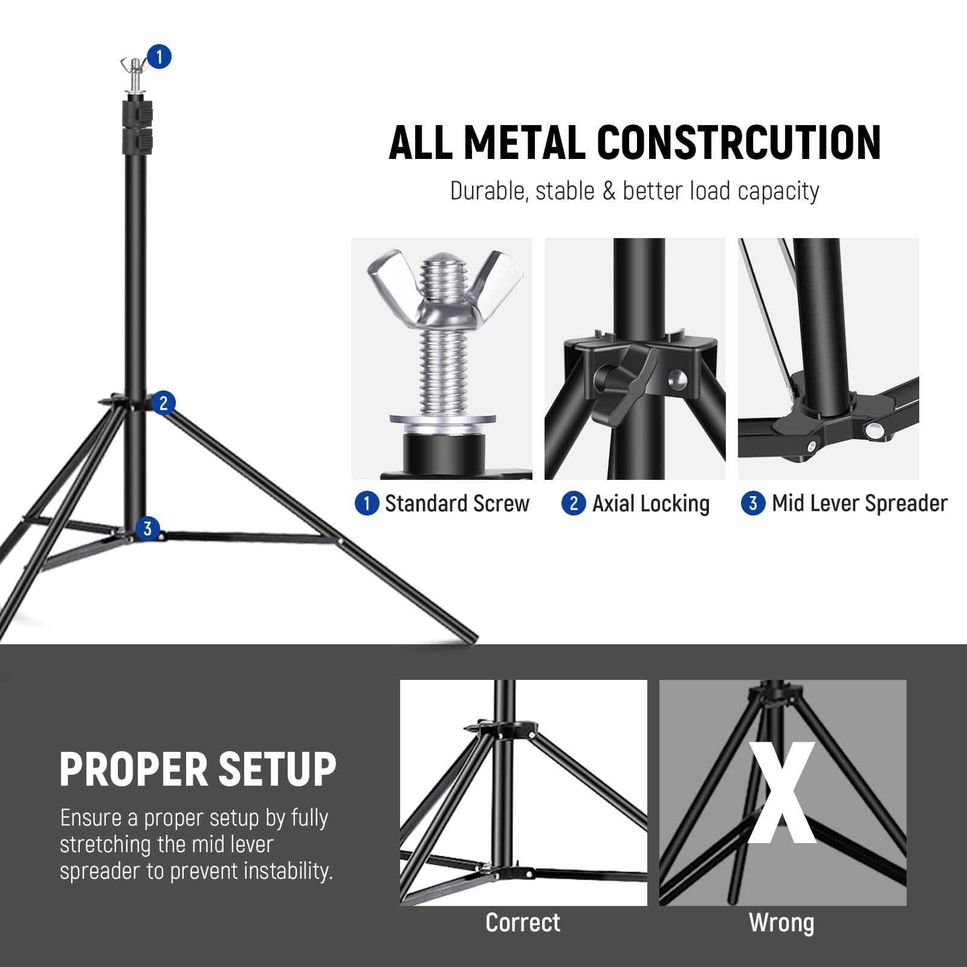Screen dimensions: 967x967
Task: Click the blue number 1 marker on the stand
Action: click(x=159, y=57)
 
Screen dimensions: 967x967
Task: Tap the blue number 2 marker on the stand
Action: click(x=163, y=403)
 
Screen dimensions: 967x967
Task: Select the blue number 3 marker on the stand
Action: click(x=147, y=529)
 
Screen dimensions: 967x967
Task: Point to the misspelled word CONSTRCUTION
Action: click(x=739, y=143)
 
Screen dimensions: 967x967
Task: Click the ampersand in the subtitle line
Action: click(x=609, y=192)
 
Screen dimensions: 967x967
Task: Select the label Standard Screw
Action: click(x=456, y=503)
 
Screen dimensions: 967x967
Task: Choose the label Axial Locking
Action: click(x=650, y=503)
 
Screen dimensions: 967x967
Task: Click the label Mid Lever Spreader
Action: click(x=859, y=503)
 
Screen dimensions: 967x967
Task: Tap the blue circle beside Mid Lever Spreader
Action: click(x=752, y=503)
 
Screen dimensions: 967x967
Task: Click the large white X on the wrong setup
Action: click(x=782, y=793)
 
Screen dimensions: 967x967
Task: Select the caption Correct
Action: click(x=523, y=923)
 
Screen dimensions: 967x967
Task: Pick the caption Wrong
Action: click(x=781, y=923)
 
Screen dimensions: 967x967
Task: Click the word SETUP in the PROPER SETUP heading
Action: click(x=277, y=770)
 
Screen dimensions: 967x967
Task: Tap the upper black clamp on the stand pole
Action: click(x=138, y=114)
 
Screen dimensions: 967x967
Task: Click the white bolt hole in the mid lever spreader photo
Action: click(x=873, y=431)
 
